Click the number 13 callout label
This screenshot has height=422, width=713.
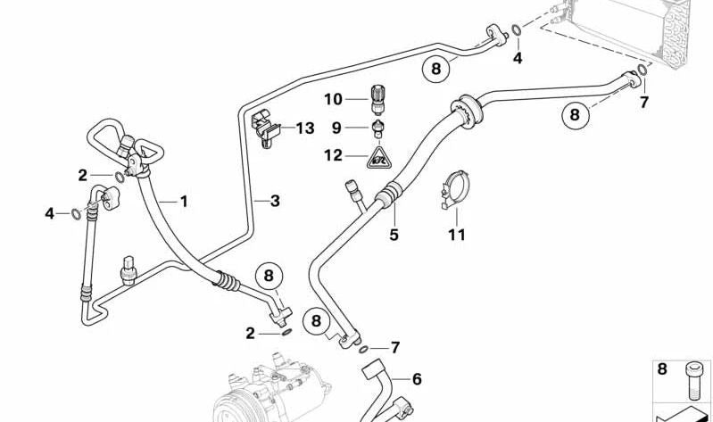coord(305,128)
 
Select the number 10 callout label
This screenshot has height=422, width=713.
coord(333,99)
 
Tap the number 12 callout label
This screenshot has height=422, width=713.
coord(333,155)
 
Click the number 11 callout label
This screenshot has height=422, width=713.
coord(457,235)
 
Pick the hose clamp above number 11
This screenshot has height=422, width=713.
coord(455,189)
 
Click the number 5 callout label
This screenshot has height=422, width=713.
coord(394,235)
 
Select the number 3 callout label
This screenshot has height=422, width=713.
coord(275,201)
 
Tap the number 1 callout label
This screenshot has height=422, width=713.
coord(184,201)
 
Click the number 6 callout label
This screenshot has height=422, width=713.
coord(417,379)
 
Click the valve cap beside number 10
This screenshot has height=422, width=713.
coord(377,99)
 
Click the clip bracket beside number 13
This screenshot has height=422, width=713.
coord(266,128)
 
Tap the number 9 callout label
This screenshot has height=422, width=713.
coord(336,128)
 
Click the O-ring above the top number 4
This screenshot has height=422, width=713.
coord(517,30)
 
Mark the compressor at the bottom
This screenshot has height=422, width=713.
coord(271,391)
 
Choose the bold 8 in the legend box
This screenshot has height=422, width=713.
coord(662,368)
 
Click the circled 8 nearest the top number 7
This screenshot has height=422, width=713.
coord(576,114)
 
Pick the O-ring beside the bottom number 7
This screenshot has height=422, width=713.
coord(363,349)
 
